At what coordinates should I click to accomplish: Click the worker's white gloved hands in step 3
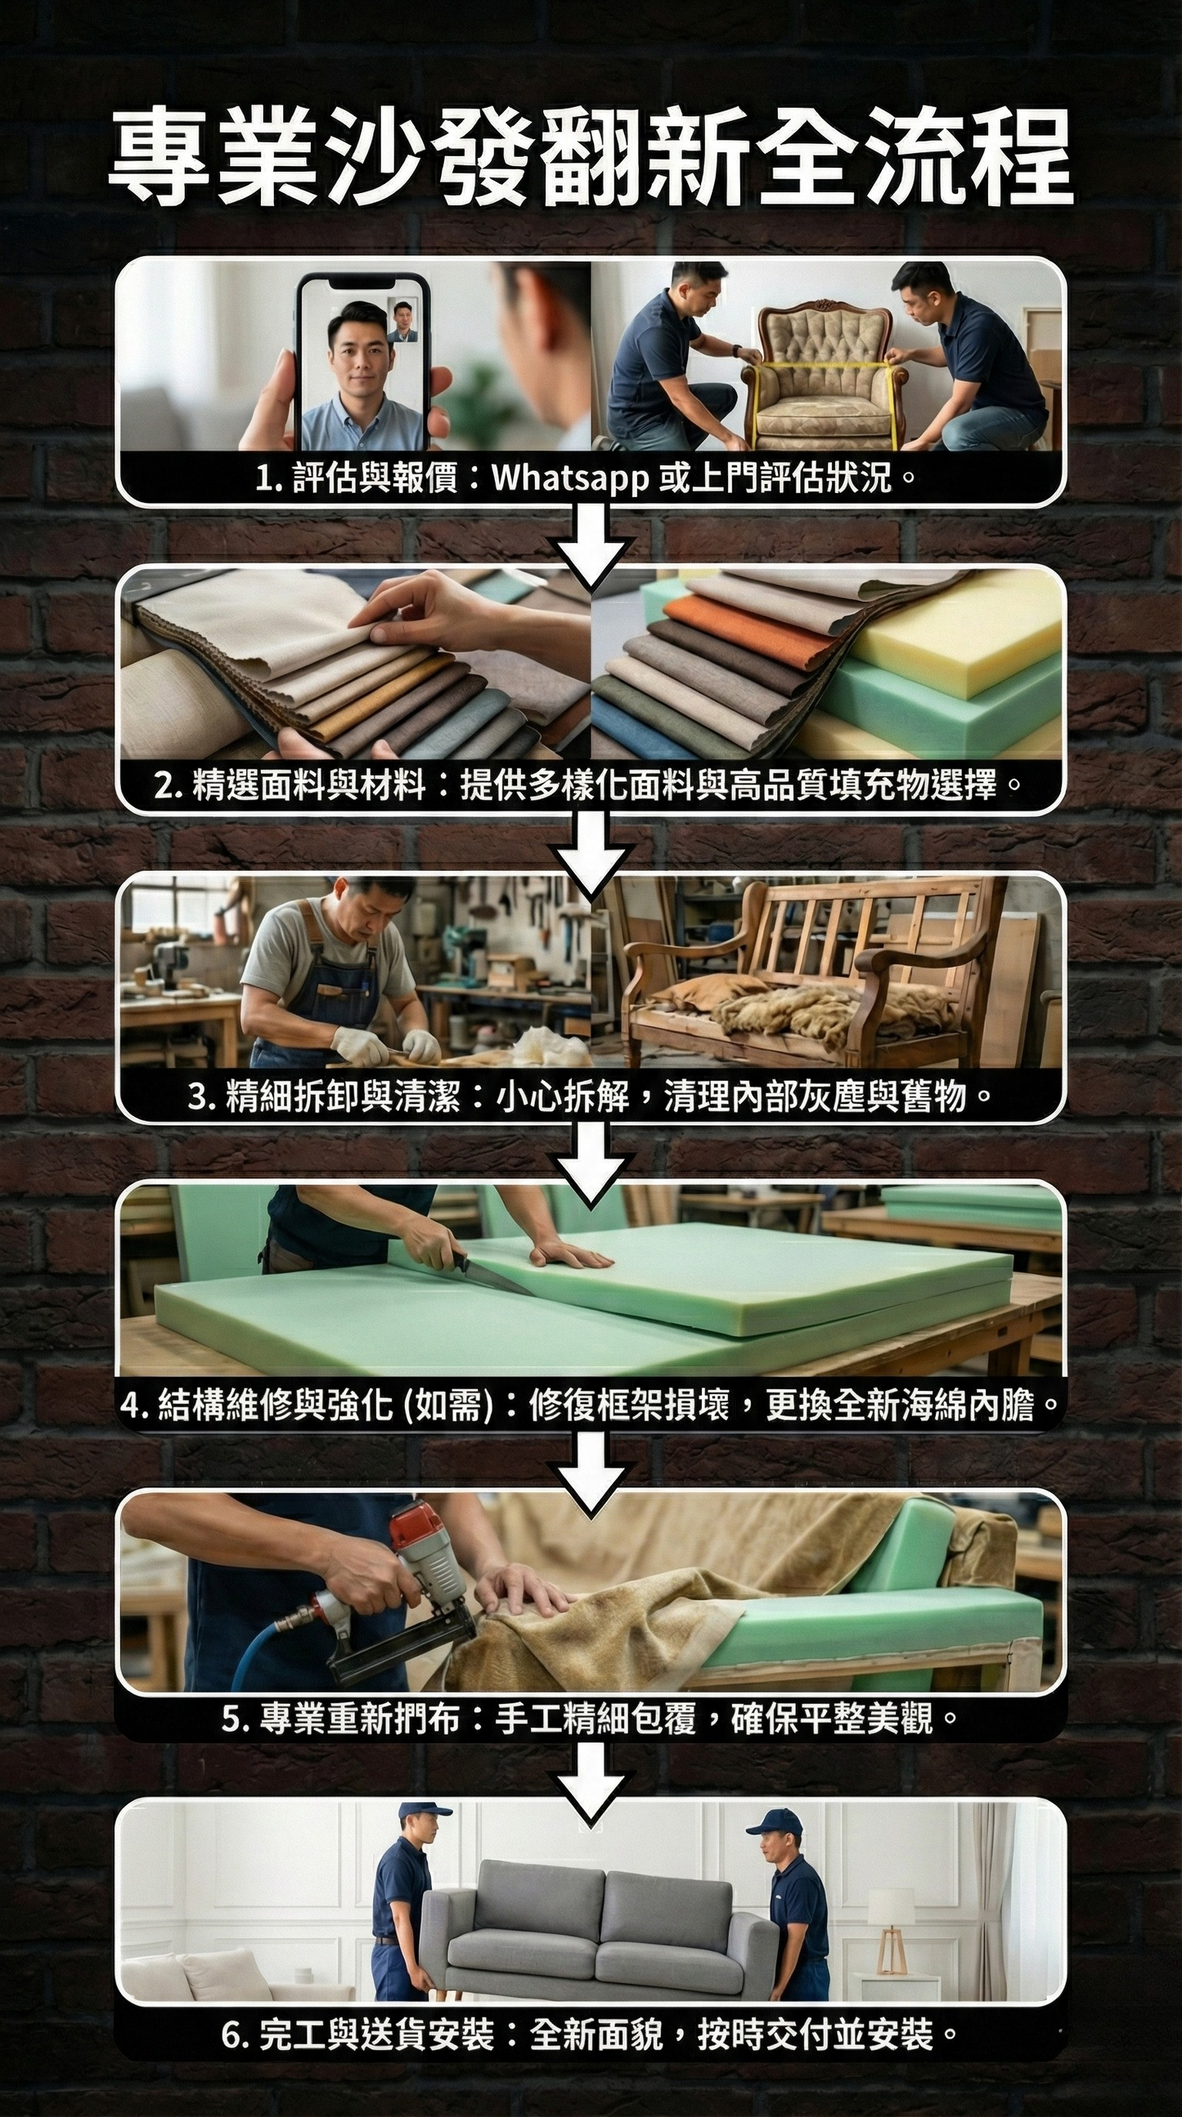point(386,1045)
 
